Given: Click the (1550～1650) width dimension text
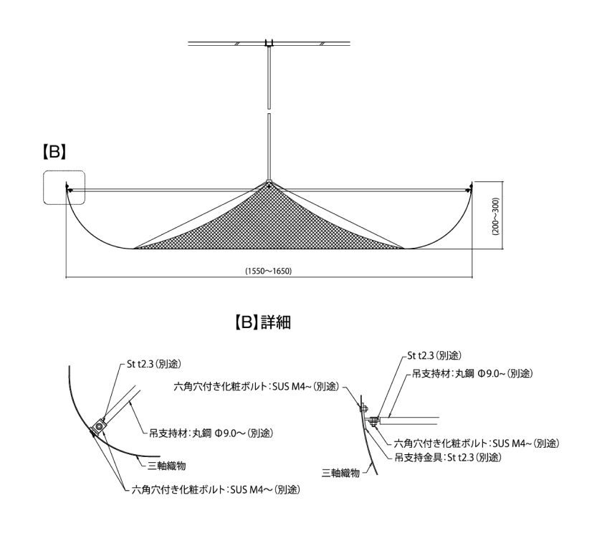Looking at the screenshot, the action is pyautogui.click(x=269, y=271).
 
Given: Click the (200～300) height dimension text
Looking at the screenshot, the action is pyautogui.click(x=495, y=216).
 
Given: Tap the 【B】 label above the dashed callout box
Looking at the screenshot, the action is pyautogui.click(x=54, y=152).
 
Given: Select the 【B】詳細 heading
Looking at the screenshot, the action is pyautogui.click(x=262, y=322).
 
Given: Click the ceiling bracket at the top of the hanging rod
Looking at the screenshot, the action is pyautogui.click(x=269, y=43).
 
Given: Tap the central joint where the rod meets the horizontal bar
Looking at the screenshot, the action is pyautogui.click(x=269, y=184).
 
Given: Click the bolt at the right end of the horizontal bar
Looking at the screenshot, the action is pyautogui.click(x=468, y=188).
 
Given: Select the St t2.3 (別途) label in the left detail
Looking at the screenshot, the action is pyautogui.click(x=153, y=364).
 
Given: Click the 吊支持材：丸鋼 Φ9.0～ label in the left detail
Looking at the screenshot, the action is pyautogui.click(x=211, y=433).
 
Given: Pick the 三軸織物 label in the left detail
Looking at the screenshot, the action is pyautogui.click(x=166, y=466).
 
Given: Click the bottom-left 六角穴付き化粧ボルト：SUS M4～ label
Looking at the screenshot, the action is pyautogui.click(x=216, y=489).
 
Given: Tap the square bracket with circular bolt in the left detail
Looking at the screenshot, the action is pyautogui.click(x=99, y=426).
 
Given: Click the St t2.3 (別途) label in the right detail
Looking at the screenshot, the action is pyautogui.click(x=434, y=356).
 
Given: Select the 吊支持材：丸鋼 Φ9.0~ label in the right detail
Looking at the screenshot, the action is pyautogui.click(x=472, y=373).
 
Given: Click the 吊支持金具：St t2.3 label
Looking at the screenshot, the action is pyautogui.click(x=448, y=457).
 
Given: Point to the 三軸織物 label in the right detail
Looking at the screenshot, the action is pyautogui.click(x=340, y=473).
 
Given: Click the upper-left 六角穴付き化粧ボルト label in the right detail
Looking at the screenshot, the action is pyautogui.click(x=257, y=386).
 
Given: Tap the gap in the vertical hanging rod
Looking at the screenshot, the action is pyautogui.click(x=269, y=110).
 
